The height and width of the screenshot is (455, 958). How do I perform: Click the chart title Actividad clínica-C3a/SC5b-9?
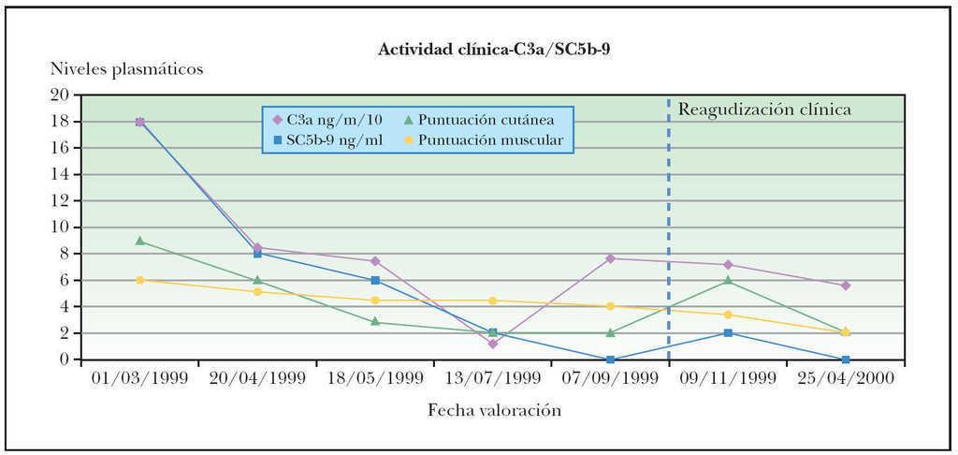(493, 49)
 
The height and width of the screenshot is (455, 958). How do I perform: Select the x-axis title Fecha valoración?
(495, 410)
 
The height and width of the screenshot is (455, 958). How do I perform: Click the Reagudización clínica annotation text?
(764, 110)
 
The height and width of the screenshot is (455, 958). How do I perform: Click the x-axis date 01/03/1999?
(139, 378)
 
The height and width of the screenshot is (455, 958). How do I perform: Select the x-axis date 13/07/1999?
(492, 378)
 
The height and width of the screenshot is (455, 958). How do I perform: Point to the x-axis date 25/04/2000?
(846, 378)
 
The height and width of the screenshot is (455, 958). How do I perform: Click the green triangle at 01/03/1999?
(139, 241)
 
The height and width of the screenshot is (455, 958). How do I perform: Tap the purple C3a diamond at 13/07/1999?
(492, 344)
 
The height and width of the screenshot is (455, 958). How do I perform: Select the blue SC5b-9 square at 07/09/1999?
(610, 360)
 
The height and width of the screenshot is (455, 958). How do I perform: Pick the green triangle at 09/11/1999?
(728, 280)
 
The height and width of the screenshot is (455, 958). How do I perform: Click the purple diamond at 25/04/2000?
(846, 286)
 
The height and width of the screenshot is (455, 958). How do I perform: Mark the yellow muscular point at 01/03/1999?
(139, 280)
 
